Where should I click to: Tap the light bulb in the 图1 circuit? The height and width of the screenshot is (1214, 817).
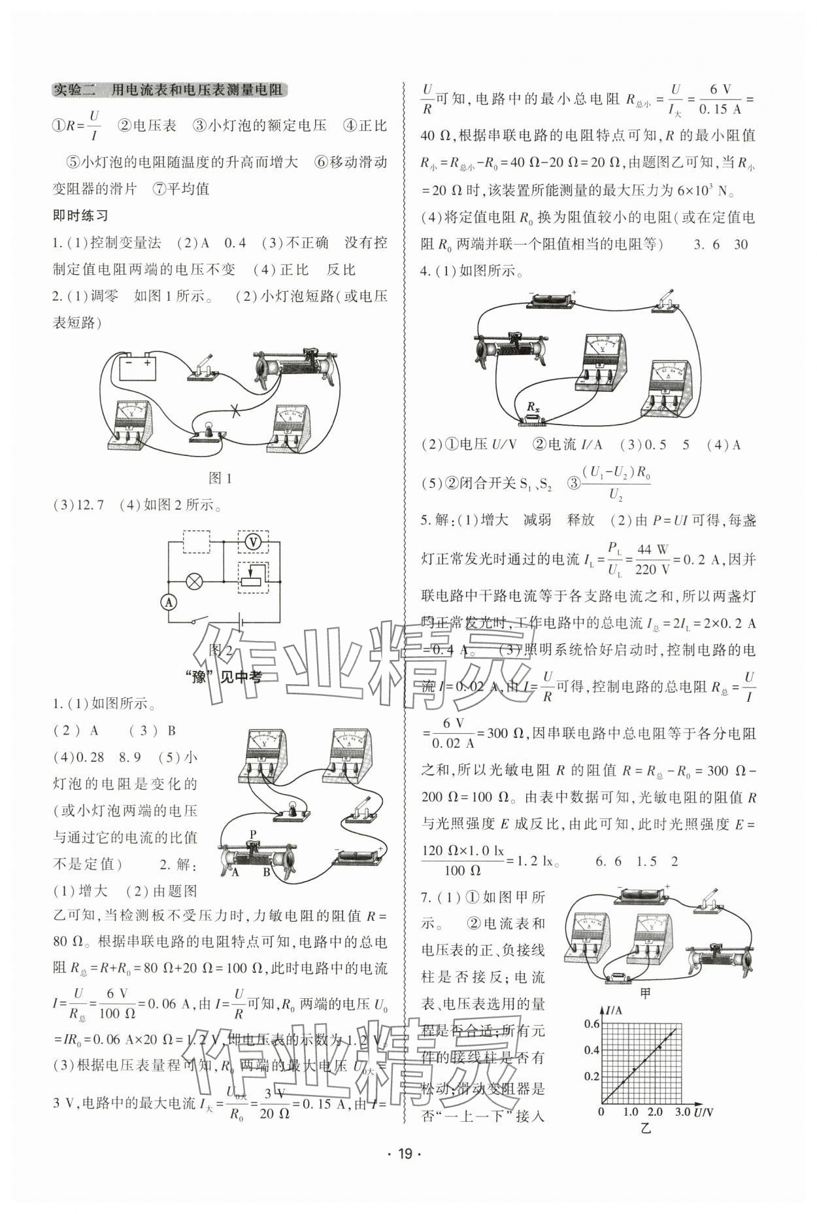pyautogui.click(x=209, y=429)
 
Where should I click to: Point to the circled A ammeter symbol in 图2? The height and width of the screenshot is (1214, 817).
pyautogui.click(x=169, y=602)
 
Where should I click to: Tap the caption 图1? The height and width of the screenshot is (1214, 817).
pyautogui.click(x=220, y=478)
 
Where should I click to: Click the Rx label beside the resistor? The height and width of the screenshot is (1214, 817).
pyautogui.click(x=533, y=407)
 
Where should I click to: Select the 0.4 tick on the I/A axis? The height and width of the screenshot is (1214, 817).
pyautogui.click(x=592, y=1050)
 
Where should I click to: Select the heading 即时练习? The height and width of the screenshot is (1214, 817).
pyautogui.click(x=80, y=216)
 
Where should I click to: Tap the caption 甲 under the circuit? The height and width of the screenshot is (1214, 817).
pyautogui.click(x=645, y=994)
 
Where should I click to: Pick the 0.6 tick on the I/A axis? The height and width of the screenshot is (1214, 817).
pyautogui.click(x=592, y=1024)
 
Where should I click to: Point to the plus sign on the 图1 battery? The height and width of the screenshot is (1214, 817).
pyautogui.click(x=147, y=362)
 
